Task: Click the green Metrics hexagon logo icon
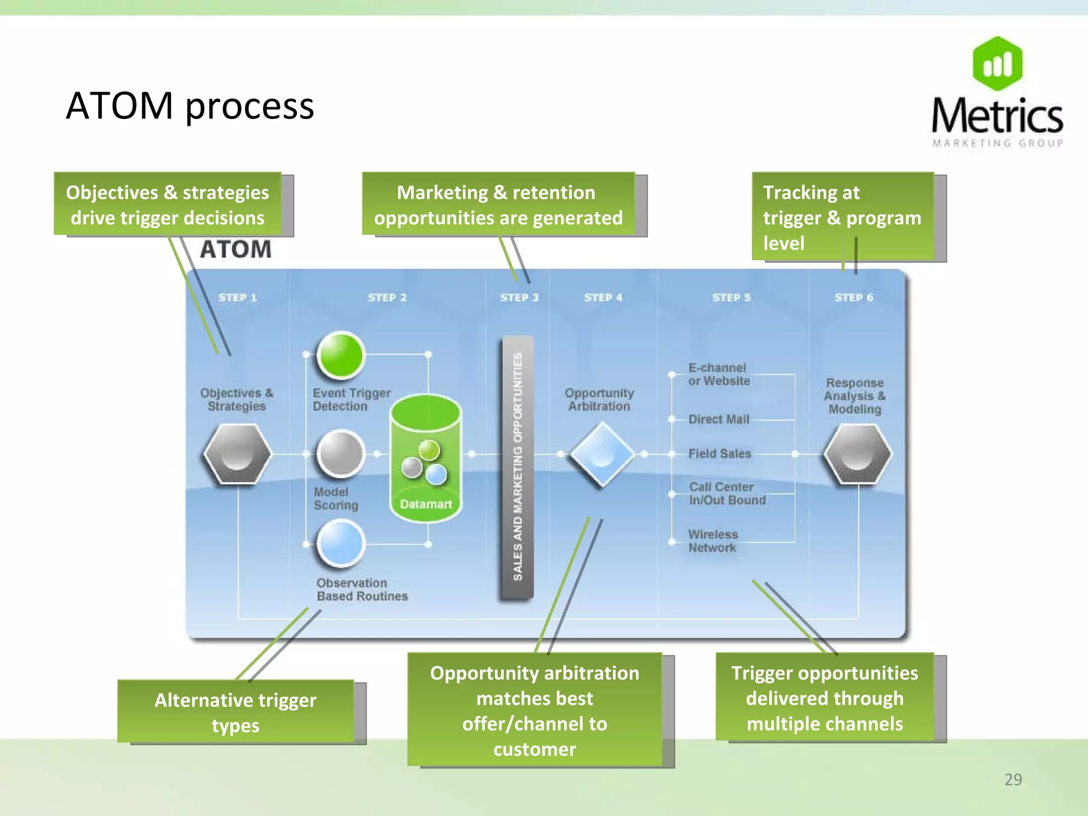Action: click(997, 64)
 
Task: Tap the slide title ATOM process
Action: click(190, 106)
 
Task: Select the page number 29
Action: click(1013, 779)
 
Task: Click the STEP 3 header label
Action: click(519, 297)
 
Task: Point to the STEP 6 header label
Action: click(853, 297)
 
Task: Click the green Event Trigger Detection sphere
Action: click(340, 355)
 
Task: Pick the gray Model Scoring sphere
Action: click(340, 453)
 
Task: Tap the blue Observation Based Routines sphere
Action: click(340, 543)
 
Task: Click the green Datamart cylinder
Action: click(426, 457)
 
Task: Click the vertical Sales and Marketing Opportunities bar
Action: click(517, 467)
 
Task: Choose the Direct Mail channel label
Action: click(718, 419)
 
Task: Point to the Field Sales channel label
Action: click(719, 454)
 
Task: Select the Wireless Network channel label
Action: click(712, 541)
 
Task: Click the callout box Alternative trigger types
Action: click(235, 712)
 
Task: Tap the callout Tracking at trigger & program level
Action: click(842, 217)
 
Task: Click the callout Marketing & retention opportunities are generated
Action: click(498, 205)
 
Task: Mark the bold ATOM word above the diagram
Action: click(235, 250)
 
